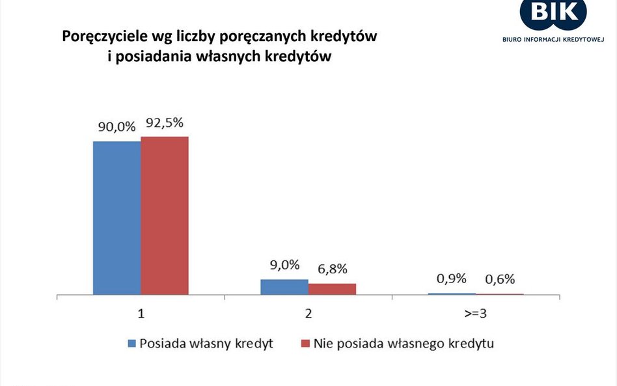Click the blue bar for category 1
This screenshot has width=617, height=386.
click(117, 217)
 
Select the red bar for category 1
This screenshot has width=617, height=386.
click(164, 215)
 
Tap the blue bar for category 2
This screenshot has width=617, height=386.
click(284, 287)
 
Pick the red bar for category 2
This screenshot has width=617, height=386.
click(332, 289)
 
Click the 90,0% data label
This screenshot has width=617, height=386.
click(117, 127)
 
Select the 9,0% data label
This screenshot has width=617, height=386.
click(284, 265)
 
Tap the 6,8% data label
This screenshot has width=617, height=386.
click(332, 269)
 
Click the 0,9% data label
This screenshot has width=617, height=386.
click(451, 279)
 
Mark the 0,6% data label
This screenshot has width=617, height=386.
click(499, 279)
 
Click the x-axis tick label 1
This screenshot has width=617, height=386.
click(141, 313)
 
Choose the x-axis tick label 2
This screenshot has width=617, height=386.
click(308, 313)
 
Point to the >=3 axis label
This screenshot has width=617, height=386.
click(475, 313)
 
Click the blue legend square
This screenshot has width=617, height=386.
click(132, 343)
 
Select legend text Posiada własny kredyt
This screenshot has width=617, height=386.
click(206, 343)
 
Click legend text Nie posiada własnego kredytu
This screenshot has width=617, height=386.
click(404, 343)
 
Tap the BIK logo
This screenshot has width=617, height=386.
click(553, 12)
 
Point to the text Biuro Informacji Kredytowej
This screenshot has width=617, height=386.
click(553, 39)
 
